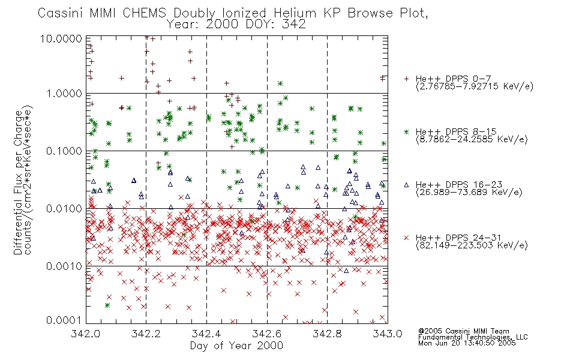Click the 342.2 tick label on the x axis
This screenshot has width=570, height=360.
[x=146, y=334]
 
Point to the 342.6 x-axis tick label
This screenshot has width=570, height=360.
[x=267, y=334]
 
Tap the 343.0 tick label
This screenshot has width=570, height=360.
[x=388, y=334]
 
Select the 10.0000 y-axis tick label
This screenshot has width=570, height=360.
[x=61, y=38]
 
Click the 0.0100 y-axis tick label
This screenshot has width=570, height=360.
[x=64, y=209]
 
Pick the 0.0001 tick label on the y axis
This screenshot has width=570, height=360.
[x=64, y=320]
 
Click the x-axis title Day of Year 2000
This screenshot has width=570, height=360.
[x=236, y=346]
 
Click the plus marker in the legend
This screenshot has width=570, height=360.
[x=406, y=79]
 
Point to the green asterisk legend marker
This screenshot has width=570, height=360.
[x=406, y=131]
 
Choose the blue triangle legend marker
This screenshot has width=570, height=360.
[x=406, y=185]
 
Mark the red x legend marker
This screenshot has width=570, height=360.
[x=406, y=238]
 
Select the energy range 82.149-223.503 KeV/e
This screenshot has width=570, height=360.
[x=472, y=245]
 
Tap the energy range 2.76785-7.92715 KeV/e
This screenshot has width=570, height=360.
[x=475, y=86]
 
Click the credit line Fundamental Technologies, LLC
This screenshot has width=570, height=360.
[x=473, y=337]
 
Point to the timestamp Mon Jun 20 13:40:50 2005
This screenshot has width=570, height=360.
[x=467, y=343]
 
